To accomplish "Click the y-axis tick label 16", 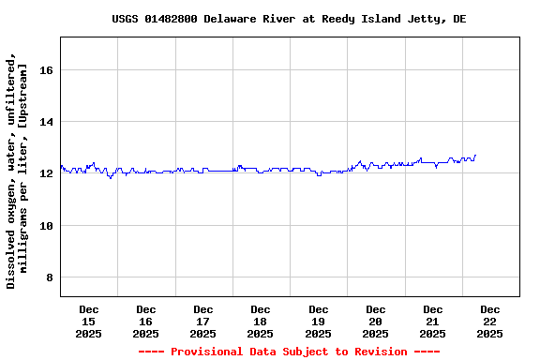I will pyautogui.click(x=46, y=70).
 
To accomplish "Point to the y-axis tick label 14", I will pyautogui.click(x=46, y=122).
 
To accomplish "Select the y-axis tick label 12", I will pyautogui.click(x=46, y=174).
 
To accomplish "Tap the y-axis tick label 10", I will pyautogui.click(x=46, y=226).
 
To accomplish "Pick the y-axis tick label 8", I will pyautogui.click(x=50, y=278).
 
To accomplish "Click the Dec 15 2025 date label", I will pyautogui.click(x=89, y=322).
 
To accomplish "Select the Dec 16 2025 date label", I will pyautogui.click(x=146, y=322).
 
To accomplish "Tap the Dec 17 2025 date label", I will pyautogui.click(x=203, y=322).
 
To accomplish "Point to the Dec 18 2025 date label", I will pyautogui.click(x=261, y=322).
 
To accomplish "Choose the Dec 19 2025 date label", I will pyautogui.click(x=319, y=322).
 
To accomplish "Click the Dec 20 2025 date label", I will pyautogui.click(x=376, y=322).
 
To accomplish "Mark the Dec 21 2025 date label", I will pyautogui.click(x=433, y=322).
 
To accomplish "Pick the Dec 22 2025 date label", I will pyautogui.click(x=490, y=322).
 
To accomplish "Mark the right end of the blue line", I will pyautogui.click(x=475, y=156).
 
